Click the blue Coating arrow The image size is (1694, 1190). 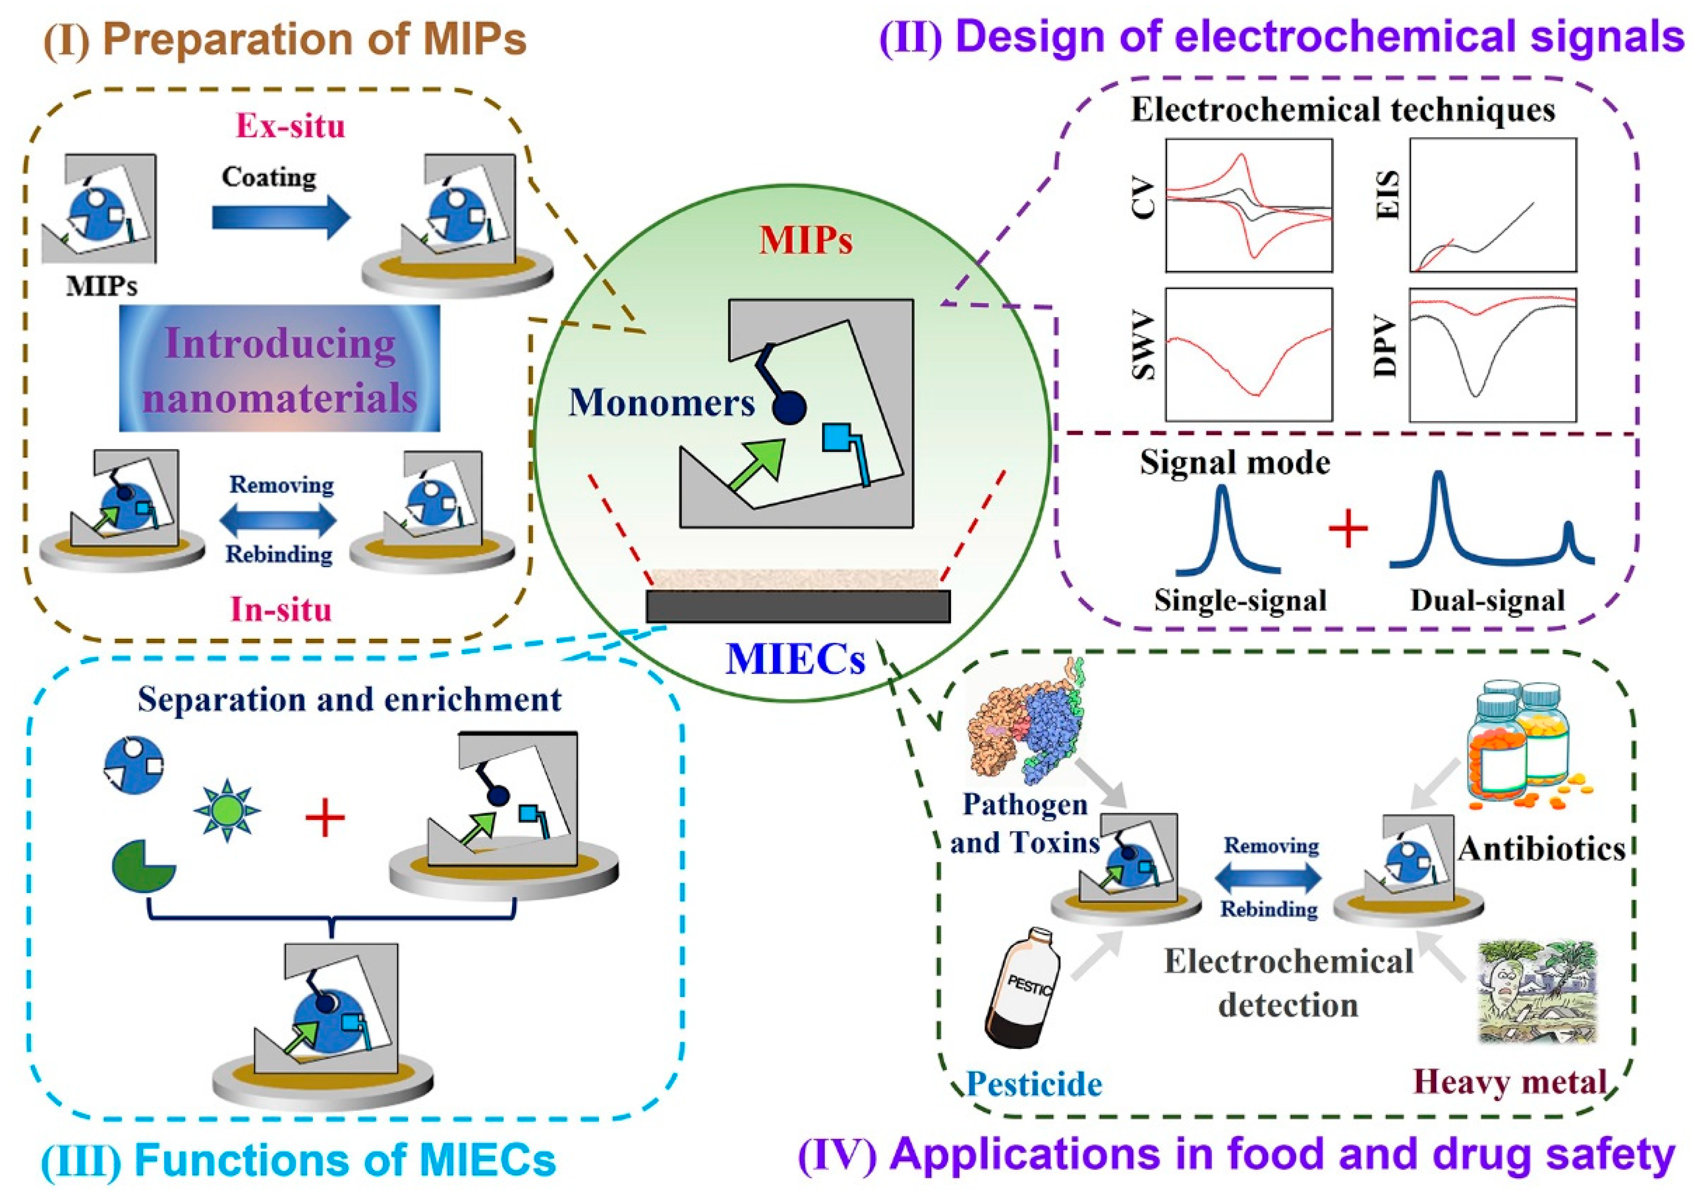280,218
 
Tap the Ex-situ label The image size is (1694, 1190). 290,126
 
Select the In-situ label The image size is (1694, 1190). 280,610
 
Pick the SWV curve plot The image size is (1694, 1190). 1248,355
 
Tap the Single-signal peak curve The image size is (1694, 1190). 1226,531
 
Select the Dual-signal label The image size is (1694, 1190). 1488,601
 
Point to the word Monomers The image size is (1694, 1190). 661,403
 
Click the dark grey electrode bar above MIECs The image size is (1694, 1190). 798,606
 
